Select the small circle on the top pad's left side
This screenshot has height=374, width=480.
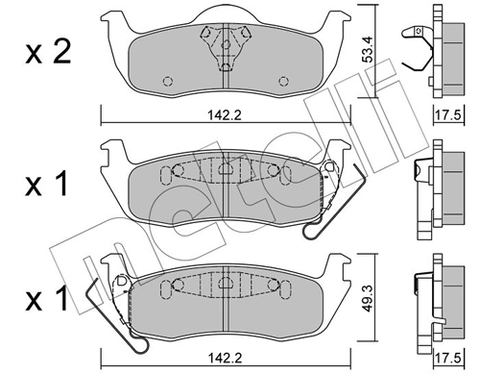tap(168, 80)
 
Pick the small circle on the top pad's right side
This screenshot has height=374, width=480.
tap(278, 80)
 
